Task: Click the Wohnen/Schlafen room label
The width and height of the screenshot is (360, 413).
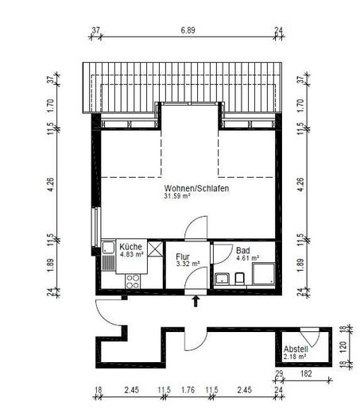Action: (196, 188)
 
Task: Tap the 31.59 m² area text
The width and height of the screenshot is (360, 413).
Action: (177, 196)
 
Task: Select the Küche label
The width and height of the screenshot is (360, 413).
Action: (130, 246)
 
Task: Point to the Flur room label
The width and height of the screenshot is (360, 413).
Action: (183, 257)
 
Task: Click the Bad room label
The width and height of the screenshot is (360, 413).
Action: (243, 250)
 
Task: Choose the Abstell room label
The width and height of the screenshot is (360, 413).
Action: (296, 349)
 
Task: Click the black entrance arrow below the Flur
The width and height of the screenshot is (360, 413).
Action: (195, 301)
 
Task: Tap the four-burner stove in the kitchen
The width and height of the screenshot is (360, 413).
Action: (133, 281)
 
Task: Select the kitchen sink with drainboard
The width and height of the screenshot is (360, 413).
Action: (109, 256)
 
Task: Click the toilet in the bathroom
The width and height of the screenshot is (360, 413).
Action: (239, 279)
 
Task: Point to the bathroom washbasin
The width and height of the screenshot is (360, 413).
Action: (222, 279)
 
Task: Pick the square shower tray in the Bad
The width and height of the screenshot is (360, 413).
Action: (264, 274)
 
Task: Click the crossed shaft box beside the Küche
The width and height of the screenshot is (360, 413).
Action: (155, 249)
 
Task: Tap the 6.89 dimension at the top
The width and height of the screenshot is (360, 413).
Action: (188, 30)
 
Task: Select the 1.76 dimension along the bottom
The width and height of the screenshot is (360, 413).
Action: (188, 390)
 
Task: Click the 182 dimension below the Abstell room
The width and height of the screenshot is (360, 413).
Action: (306, 373)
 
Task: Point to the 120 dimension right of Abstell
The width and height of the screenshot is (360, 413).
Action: (343, 346)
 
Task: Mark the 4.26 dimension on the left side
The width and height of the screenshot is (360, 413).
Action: (51, 184)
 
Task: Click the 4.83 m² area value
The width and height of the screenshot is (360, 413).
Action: (132, 254)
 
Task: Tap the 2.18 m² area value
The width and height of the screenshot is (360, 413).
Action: (295, 357)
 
